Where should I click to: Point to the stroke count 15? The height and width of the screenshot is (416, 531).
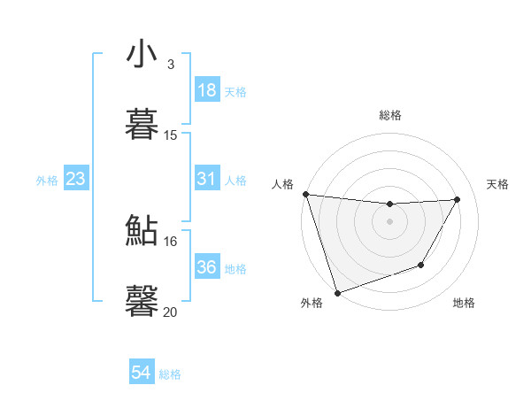point(171,135)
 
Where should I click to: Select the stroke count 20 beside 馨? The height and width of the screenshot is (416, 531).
point(171,312)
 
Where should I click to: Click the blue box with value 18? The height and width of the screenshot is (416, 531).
point(207,90)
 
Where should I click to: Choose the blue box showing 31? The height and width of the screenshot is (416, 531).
point(207,179)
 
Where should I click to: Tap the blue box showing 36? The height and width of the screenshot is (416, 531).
point(207,267)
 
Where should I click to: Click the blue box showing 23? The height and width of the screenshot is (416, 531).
point(75,180)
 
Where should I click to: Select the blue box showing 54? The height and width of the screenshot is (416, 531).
point(142,373)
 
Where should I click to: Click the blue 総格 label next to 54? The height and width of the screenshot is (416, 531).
point(171,374)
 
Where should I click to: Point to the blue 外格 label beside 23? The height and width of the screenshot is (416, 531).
point(47,181)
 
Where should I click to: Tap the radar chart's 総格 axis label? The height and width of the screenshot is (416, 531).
point(390,115)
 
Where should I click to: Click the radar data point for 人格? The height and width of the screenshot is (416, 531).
point(305,194)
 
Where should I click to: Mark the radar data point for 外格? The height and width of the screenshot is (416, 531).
point(336,292)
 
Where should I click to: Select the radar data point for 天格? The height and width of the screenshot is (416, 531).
point(457,199)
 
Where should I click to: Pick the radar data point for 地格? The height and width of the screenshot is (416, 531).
point(421,265)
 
